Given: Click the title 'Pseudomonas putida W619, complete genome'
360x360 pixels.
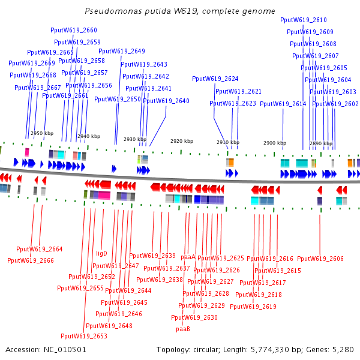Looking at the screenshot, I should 180,11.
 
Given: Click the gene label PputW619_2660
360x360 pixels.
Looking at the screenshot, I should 74,30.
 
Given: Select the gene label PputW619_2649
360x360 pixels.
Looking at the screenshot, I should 122,51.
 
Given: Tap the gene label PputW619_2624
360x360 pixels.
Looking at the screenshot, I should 215,79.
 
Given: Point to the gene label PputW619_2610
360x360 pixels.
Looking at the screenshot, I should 304,20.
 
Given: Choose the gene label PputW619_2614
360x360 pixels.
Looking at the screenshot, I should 283,104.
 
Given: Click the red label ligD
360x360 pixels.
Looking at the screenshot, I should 102,253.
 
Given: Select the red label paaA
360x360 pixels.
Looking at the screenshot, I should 188,257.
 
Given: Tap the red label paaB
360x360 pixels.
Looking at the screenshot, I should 183,329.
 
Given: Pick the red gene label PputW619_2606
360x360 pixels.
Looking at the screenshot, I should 320,259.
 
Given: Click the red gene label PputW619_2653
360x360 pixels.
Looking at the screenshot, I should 84,336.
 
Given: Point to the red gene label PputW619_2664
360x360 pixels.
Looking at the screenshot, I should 40,249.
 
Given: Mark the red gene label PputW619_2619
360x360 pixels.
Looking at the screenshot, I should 253,307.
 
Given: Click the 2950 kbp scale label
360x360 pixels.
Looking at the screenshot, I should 41,133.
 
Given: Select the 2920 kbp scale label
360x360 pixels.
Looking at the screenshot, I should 182,141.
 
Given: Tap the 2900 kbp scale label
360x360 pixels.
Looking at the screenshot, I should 275,143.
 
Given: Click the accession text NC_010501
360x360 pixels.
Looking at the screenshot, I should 46,349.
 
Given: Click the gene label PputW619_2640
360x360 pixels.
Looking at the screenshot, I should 166,101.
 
